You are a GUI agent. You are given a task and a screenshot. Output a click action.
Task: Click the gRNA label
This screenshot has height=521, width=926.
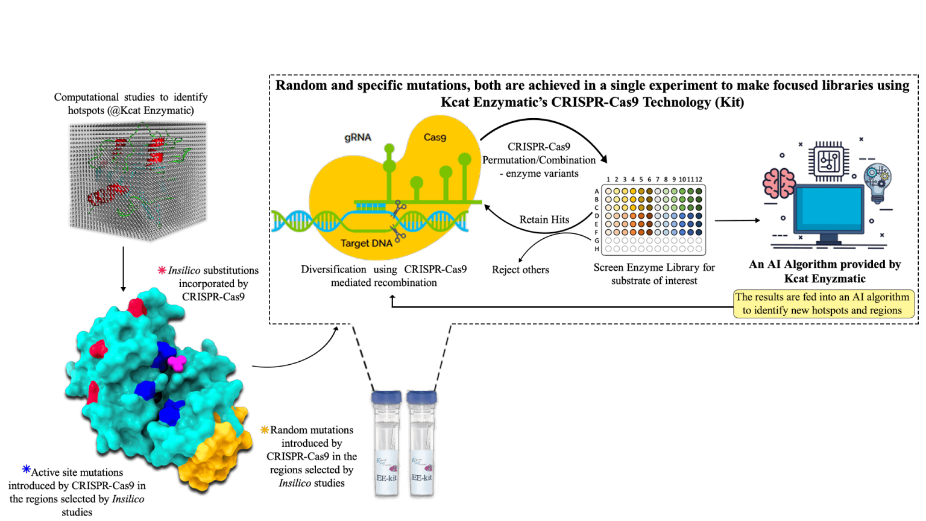tap(357, 137)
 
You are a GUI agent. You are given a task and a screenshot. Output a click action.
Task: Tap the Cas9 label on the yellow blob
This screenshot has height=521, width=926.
tap(435, 137)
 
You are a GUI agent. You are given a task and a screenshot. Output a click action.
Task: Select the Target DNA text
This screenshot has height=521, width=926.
tap(367, 244)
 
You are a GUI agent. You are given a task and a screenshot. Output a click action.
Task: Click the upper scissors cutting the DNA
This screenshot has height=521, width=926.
tap(398, 210)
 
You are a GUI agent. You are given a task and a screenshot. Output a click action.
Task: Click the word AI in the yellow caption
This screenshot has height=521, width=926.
tap(842, 297)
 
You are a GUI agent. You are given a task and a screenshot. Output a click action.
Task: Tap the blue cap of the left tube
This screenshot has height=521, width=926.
tap(386, 397)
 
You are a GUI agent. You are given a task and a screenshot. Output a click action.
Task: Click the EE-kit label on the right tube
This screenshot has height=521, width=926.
tap(421, 478)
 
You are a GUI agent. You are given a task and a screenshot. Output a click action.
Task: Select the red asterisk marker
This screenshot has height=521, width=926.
tap(162, 270)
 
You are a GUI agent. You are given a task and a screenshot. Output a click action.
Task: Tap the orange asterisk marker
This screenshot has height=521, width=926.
tap(265, 430)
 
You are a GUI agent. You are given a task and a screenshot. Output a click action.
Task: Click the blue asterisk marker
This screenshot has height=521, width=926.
tap(27, 469)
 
